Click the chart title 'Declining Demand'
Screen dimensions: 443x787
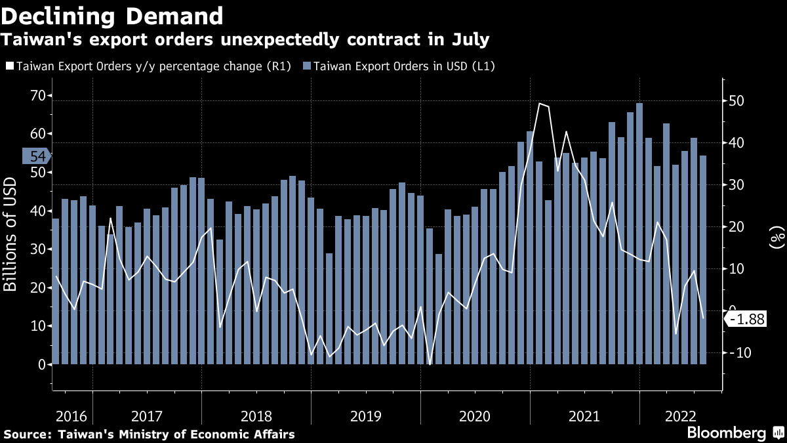(112, 15)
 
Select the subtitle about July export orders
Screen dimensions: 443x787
(245, 40)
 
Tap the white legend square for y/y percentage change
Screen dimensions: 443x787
(9, 66)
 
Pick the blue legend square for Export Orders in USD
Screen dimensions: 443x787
(307, 66)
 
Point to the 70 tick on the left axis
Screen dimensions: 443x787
(36, 96)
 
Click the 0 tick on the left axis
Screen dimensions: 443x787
(41, 364)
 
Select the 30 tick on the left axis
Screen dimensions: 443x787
(36, 249)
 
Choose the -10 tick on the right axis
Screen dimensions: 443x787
(738, 352)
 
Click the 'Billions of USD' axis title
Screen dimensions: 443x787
(11, 235)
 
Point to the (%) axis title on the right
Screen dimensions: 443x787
(777, 236)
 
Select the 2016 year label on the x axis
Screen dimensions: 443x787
(71, 416)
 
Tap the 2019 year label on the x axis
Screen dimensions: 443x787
(365, 416)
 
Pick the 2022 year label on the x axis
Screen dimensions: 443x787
(681, 416)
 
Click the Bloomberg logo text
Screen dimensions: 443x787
(726, 433)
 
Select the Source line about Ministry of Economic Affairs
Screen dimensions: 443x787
(150, 434)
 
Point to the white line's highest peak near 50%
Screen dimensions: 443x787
(539, 104)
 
